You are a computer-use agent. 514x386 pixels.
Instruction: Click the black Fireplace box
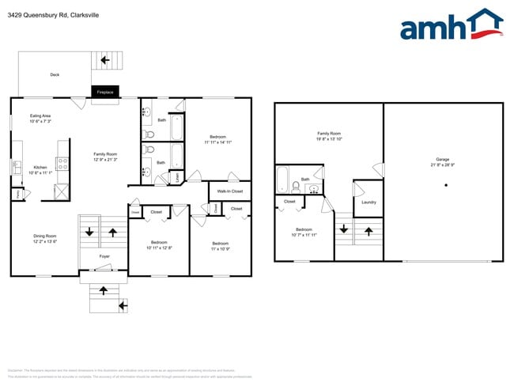(105, 92)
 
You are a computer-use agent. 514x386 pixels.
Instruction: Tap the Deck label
(55, 75)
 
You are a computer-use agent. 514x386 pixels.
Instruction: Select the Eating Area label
(40, 115)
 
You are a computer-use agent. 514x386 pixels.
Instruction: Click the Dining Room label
(44, 236)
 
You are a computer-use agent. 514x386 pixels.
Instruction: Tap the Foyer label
(104, 256)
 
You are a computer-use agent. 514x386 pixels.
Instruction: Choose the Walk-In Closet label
(230, 191)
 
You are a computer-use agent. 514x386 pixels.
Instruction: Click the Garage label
(443, 159)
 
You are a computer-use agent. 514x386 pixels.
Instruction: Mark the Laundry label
(368, 202)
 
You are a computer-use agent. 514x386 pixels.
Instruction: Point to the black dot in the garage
(446, 185)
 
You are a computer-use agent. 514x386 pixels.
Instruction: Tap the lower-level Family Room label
(328, 133)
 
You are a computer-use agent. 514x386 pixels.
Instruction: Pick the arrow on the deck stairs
(103, 59)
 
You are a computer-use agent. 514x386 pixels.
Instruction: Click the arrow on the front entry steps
(122, 304)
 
